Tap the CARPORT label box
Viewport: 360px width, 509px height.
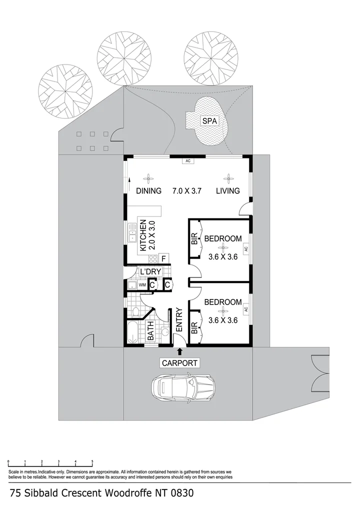point(179,363)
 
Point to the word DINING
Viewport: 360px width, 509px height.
point(149,190)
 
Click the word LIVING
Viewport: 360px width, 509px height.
point(228,190)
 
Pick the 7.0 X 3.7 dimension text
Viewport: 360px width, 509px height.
point(186,190)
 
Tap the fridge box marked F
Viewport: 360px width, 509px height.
point(163,258)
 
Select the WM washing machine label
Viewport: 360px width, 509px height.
point(142,285)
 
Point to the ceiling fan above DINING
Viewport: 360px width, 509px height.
point(148,177)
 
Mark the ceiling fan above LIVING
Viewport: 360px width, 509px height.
point(228,177)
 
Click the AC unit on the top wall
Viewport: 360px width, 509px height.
point(188,161)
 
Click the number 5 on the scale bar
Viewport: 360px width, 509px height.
point(92,461)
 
